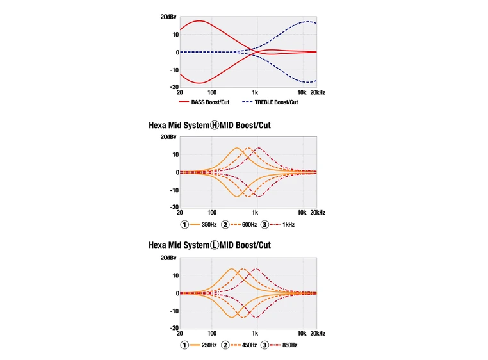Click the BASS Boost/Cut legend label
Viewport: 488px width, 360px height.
(210, 102)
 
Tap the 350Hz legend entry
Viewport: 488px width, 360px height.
(210, 225)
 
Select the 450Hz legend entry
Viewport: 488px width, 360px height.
(248, 345)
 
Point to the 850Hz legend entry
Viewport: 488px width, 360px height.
(289, 345)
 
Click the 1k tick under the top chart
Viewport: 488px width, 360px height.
(255, 93)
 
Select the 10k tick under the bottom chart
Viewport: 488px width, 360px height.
(301, 333)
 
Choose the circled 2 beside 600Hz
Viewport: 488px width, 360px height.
(225, 225)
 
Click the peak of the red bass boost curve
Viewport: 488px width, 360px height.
(200, 21)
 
